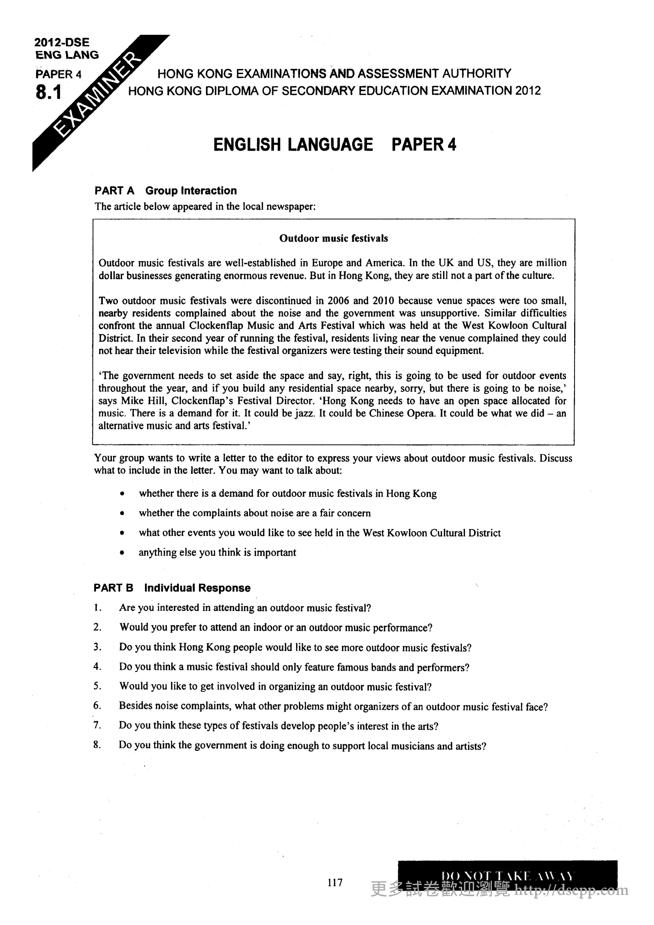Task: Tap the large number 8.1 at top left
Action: (48, 93)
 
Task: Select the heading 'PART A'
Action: (114, 191)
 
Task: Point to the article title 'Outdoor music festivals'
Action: (333, 238)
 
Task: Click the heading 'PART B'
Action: (113, 588)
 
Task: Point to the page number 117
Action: (335, 883)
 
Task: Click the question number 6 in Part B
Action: (97, 706)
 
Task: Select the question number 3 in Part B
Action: (97, 647)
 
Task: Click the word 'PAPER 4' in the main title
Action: (423, 145)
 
